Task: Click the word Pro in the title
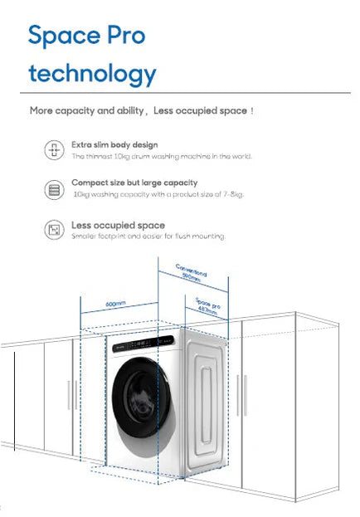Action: [x=124, y=35]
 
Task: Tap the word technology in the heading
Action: [x=91, y=74]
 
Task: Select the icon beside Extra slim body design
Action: [x=54, y=149]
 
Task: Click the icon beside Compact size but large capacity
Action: [x=54, y=190]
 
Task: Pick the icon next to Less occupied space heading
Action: [x=54, y=230]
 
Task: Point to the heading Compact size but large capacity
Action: [x=134, y=182]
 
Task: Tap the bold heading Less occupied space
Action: [x=118, y=225]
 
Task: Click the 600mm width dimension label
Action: [x=114, y=305]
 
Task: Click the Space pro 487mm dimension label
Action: [x=207, y=306]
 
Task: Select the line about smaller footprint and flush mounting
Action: [x=148, y=237]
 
